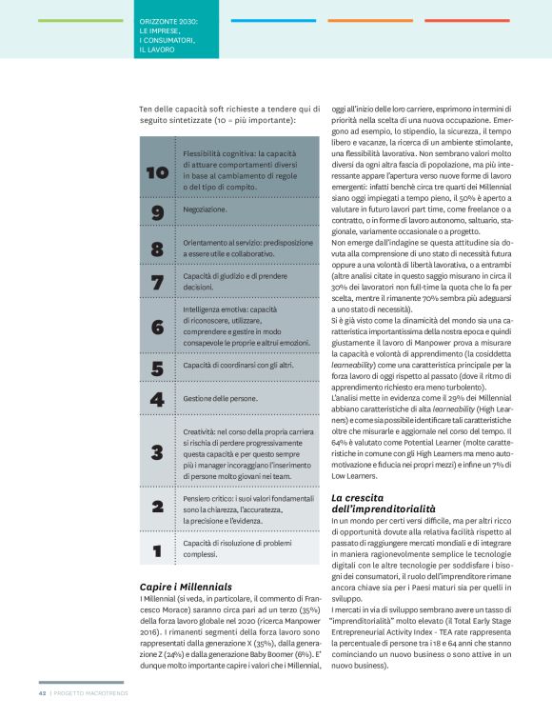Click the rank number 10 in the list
tap(157, 172)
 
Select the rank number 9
tap(157, 213)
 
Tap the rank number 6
tap(157, 327)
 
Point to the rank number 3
tap(157, 452)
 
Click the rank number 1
tap(157, 549)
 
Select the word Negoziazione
tap(205, 209)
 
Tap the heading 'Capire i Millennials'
tap(186, 586)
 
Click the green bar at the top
tap(80, 20)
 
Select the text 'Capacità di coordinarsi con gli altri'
tap(238, 365)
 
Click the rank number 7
tap(157, 282)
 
